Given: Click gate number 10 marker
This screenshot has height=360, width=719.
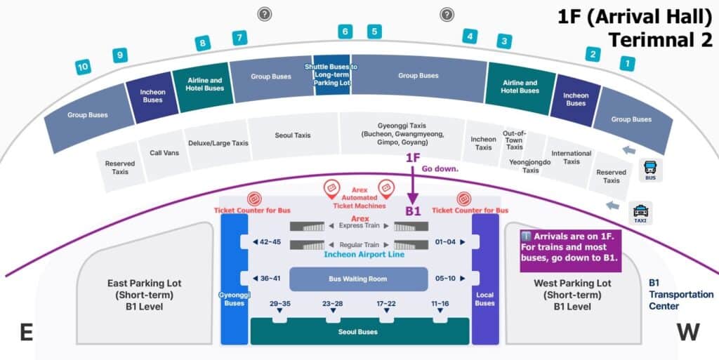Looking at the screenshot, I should pyautogui.click(x=84, y=67).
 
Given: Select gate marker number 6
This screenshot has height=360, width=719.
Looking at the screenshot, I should pyautogui.click(x=345, y=32).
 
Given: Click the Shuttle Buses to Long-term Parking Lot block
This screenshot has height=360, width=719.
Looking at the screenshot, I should pyautogui.click(x=331, y=75).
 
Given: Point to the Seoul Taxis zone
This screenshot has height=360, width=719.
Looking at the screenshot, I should pyautogui.click(x=292, y=135).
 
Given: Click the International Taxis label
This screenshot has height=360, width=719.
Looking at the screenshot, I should pyautogui.click(x=571, y=157).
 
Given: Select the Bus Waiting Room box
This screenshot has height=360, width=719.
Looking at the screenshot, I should pyautogui.click(x=358, y=279).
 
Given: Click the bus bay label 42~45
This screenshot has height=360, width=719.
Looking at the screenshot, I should pyautogui.click(x=270, y=242).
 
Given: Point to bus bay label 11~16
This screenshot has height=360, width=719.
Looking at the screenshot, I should pyautogui.click(x=440, y=304).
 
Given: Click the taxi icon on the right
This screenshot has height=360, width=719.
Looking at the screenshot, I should pyautogui.click(x=640, y=211).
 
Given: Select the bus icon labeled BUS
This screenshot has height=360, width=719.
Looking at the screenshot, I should pyautogui.click(x=651, y=168).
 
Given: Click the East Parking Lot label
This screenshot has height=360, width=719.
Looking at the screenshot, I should pyautogui.click(x=145, y=295).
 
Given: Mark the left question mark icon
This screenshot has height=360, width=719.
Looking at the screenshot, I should pyautogui.click(x=264, y=13).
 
